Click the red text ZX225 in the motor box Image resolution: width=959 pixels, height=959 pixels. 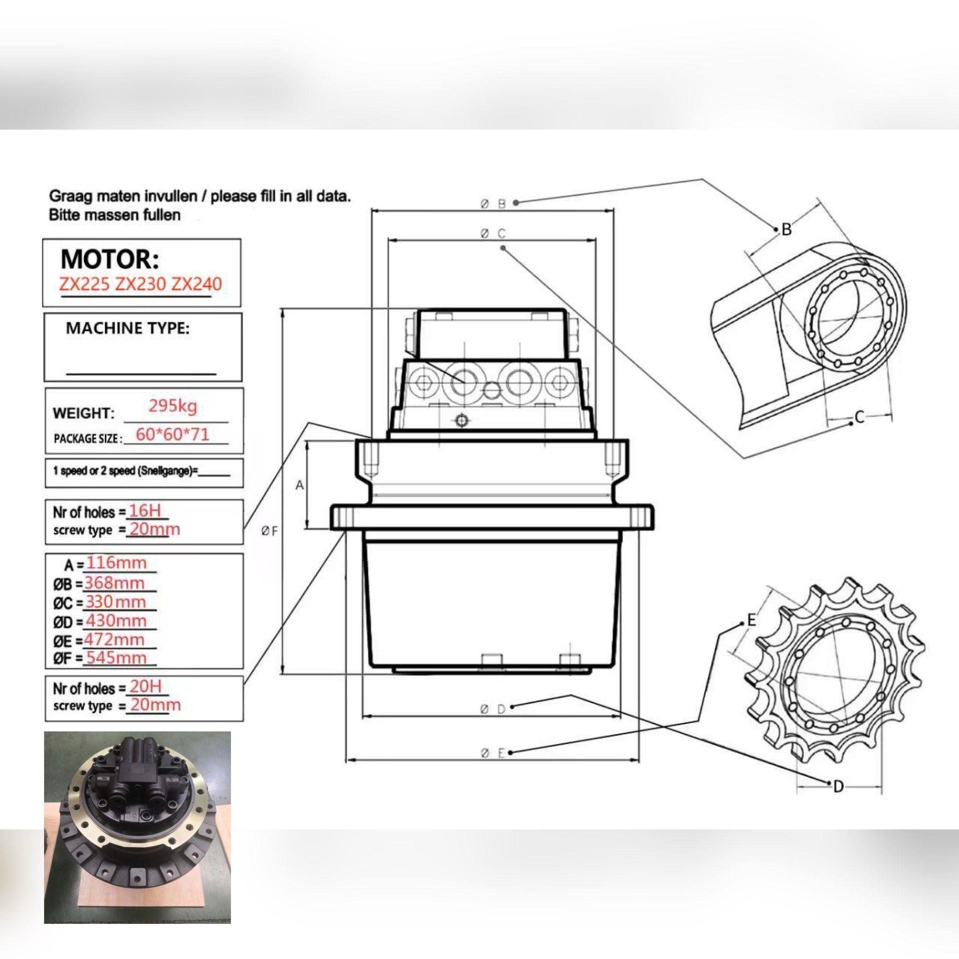tap(84, 284)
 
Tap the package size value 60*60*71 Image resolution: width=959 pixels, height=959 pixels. tap(172, 435)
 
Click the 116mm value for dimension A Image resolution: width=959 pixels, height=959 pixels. tap(117, 563)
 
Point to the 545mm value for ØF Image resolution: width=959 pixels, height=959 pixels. tap(117, 658)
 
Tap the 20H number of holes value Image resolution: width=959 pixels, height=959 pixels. tap(146, 686)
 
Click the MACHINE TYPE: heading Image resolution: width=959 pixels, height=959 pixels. tap(127, 328)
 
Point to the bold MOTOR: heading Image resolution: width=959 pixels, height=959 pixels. tap(110, 259)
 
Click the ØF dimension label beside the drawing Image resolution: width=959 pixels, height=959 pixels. tap(270, 531)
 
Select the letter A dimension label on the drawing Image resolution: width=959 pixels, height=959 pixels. tap(299, 485)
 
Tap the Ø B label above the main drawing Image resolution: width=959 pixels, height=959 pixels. tap(493, 204)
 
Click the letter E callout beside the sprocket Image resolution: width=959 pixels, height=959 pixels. tap(752, 620)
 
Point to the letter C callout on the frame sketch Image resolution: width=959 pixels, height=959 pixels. tap(860, 417)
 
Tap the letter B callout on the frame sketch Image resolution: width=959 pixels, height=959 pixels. tap(786, 229)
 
